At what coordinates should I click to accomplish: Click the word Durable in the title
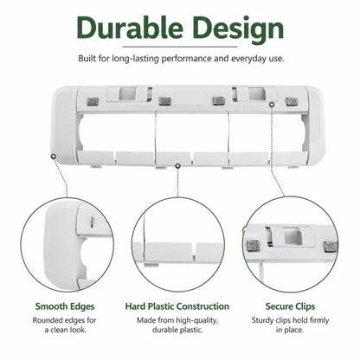click(130, 28)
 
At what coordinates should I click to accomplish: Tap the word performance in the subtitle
click(186, 59)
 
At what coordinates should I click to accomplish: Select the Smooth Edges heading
click(65, 306)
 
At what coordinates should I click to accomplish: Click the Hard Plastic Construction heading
click(177, 306)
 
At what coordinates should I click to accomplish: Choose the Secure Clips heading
click(290, 306)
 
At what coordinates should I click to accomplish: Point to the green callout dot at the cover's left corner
click(53, 157)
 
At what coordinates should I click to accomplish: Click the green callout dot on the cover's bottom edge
click(178, 165)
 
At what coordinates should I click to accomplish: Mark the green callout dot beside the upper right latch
click(272, 105)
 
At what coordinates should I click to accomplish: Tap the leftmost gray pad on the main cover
click(93, 101)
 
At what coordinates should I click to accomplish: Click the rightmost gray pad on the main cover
click(292, 101)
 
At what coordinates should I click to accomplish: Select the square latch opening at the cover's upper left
click(127, 93)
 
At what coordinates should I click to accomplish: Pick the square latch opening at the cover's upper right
click(256, 93)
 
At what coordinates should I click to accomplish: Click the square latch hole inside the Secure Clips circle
click(292, 235)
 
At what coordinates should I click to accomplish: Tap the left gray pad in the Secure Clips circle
click(254, 246)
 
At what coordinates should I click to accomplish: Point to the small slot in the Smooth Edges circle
click(92, 222)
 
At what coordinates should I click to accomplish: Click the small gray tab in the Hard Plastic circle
click(151, 265)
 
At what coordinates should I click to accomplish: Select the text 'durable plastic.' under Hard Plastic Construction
click(177, 330)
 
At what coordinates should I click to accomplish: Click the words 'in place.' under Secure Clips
click(290, 330)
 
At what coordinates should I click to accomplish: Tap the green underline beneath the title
click(180, 47)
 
